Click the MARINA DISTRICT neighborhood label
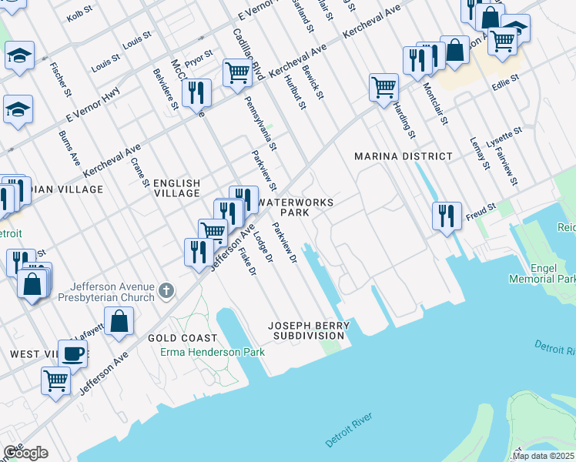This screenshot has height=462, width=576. click(x=403, y=156)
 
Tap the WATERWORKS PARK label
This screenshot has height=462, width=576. click(x=296, y=207)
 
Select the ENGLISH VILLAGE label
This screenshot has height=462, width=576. click(x=176, y=188)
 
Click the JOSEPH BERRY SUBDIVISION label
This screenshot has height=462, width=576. click(x=309, y=331)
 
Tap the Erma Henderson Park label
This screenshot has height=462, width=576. click(x=213, y=352)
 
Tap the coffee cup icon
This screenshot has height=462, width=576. click(x=73, y=353)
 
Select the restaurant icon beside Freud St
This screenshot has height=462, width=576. click(x=447, y=216)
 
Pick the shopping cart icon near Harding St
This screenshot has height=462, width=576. click(x=383, y=87)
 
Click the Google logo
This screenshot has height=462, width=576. click(x=25, y=453)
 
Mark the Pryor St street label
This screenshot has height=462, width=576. click(x=198, y=58)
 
